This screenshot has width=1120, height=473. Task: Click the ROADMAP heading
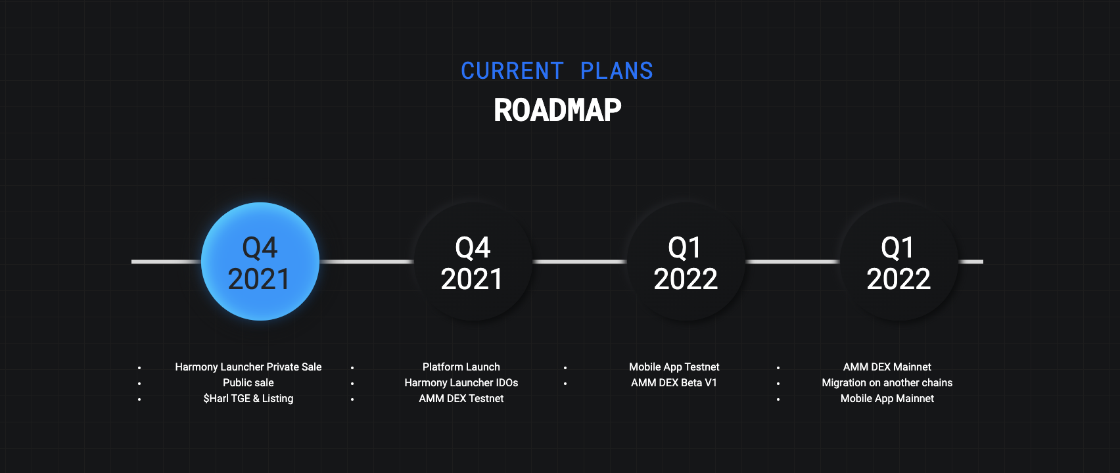557,110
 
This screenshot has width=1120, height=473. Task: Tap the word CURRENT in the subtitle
512,71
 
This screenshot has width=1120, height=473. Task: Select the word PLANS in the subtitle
617,71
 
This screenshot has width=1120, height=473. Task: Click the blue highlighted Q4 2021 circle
260,261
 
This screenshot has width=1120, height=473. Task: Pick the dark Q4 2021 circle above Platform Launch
473,261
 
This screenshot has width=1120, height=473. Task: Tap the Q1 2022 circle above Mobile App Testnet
686,261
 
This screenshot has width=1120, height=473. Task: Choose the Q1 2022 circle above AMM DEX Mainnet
898,261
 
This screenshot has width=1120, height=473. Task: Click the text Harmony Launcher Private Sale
248,367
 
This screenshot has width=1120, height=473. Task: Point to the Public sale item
248,382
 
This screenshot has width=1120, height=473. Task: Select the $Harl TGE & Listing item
248,398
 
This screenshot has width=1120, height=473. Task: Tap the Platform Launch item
461,367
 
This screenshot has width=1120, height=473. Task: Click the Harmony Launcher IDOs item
461,382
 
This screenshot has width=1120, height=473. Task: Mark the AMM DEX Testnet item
461,398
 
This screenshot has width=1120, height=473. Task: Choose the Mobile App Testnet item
674,367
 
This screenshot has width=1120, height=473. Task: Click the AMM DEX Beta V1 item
674,382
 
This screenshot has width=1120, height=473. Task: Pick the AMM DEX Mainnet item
887,367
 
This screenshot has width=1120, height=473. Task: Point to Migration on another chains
887,382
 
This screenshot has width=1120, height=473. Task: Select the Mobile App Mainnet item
887,398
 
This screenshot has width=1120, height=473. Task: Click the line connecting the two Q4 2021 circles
367,261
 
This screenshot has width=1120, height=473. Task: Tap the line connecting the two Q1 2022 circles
792,261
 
